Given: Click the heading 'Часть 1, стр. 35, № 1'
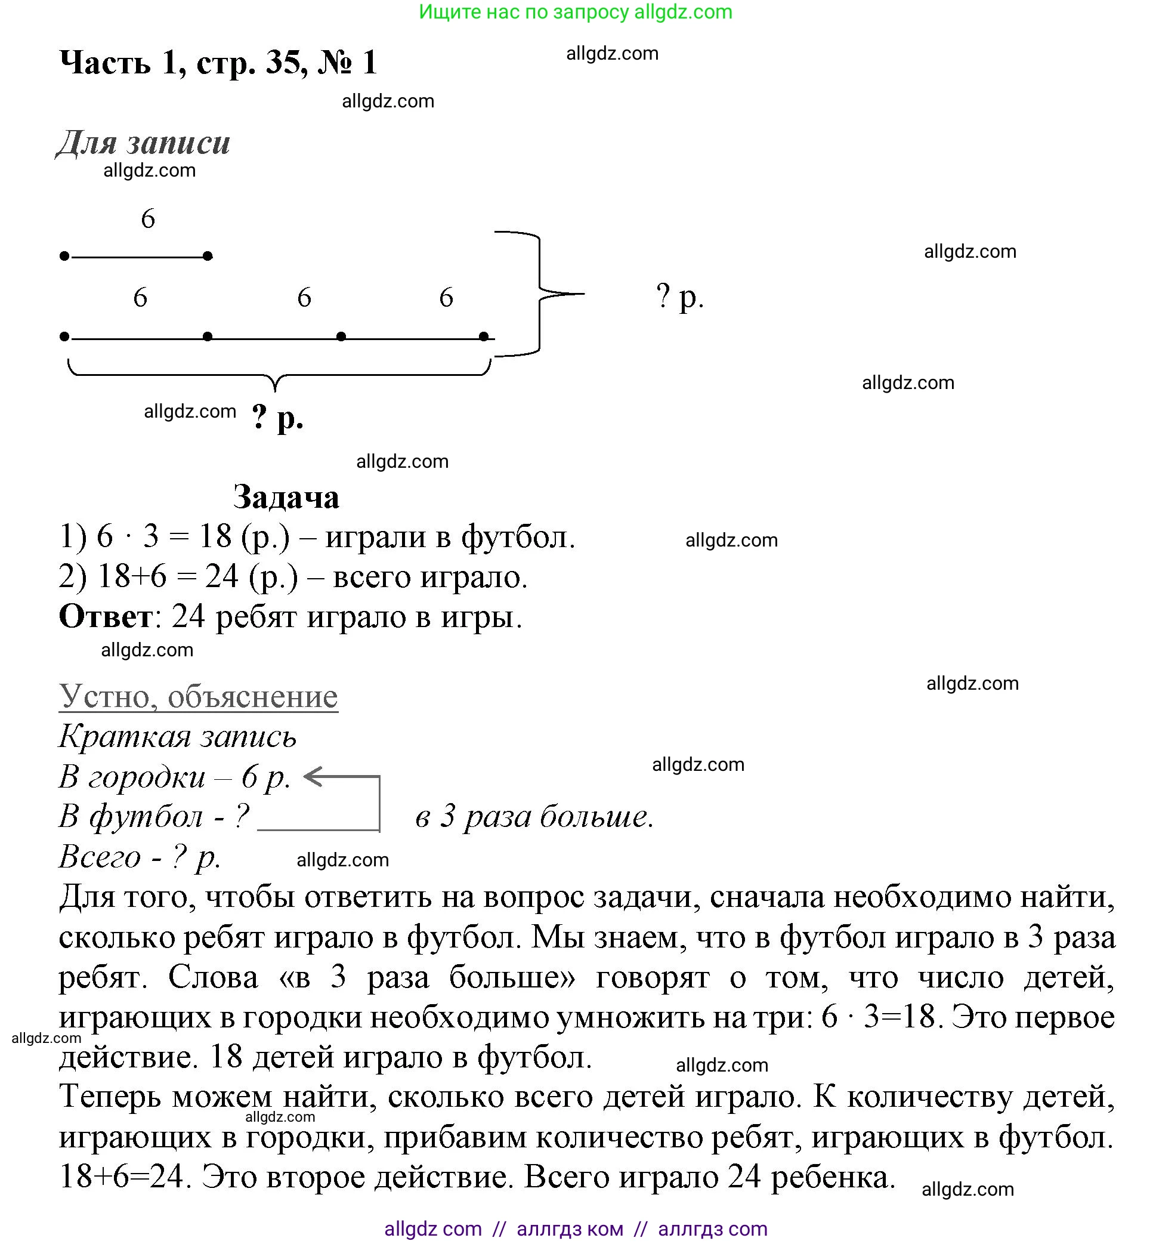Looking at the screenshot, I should click(218, 63).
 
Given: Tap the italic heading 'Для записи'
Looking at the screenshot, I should click(144, 143).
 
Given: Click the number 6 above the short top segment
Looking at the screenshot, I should click(148, 219).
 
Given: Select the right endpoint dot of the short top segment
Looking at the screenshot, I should click(208, 256).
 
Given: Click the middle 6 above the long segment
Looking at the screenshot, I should click(304, 298).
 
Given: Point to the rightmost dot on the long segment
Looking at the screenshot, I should click(484, 337).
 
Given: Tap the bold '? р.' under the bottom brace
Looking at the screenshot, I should click(277, 416).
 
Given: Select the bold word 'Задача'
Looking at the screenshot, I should click(286, 498).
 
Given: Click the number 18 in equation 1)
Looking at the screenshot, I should click(215, 537).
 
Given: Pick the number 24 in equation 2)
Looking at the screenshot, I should click(222, 577).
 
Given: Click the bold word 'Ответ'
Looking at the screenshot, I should click(106, 617).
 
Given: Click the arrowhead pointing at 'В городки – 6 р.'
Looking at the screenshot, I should click(309, 777).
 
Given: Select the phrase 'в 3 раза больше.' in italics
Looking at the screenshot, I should click(534, 816).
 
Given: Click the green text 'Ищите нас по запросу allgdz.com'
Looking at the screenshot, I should click(575, 12).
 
